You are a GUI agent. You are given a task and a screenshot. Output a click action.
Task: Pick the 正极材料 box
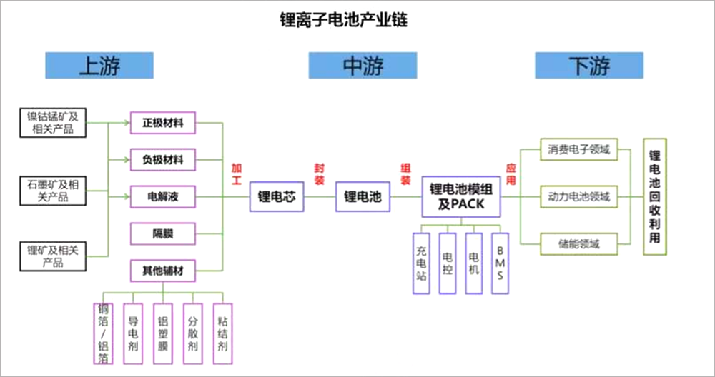(163, 123)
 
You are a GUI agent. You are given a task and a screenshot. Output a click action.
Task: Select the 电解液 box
(163, 196)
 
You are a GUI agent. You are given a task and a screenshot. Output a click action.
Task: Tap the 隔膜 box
(163, 233)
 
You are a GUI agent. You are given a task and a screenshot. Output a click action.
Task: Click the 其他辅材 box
(163, 270)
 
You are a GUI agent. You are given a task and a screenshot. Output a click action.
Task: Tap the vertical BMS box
(500, 263)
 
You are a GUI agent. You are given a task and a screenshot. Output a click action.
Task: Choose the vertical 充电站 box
(422, 263)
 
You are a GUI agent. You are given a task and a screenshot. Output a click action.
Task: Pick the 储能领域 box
(579, 243)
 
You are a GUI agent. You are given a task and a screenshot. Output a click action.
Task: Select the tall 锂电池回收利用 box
(654, 196)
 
